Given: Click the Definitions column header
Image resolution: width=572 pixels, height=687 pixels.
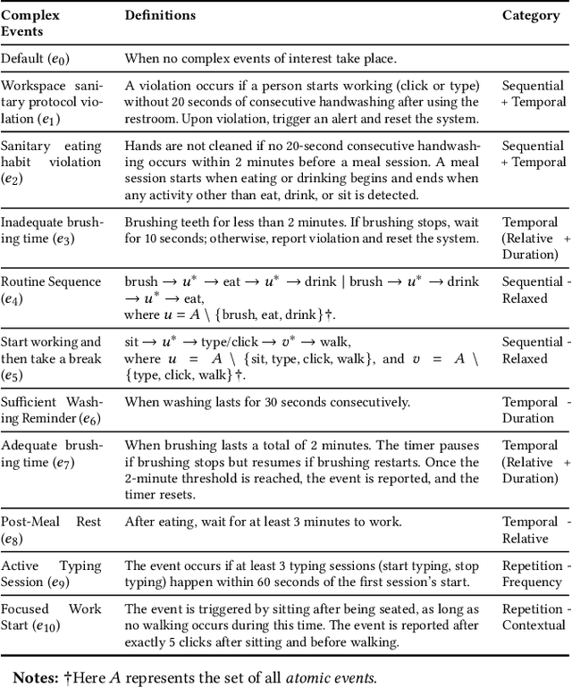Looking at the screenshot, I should pyautogui.click(x=160, y=15).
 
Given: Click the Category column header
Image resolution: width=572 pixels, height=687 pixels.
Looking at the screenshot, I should pyautogui.click(x=530, y=15).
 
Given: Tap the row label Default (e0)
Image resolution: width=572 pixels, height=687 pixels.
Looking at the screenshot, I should pyautogui.click(x=35, y=58).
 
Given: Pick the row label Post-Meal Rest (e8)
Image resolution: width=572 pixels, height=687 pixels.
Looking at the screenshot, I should pyautogui.click(x=51, y=530).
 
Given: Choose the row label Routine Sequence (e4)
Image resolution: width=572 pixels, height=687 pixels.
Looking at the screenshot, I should pyautogui.click(x=51, y=290).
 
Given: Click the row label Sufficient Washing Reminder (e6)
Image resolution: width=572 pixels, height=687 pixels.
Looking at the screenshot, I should pyautogui.click(x=51, y=410).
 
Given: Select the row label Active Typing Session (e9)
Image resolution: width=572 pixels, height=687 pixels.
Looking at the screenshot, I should pyautogui.click(x=51, y=574).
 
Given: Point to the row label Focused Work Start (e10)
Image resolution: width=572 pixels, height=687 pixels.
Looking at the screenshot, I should pyautogui.click(x=51, y=618).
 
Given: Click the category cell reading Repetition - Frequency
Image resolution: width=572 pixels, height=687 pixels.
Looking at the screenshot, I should pyautogui.click(x=533, y=574).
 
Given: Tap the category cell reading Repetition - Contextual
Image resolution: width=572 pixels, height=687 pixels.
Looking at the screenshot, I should pyautogui.click(x=533, y=617).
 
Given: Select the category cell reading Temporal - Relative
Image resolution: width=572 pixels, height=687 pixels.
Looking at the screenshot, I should pyautogui.click(x=533, y=530).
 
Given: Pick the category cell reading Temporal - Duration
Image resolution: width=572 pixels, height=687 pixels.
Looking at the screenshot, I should pyautogui.click(x=533, y=410).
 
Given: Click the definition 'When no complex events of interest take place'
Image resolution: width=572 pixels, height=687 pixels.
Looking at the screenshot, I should pyautogui.click(x=260, y=58).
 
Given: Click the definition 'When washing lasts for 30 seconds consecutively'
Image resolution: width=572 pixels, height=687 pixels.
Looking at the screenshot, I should pyautogui.click(x=267, y=402).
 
